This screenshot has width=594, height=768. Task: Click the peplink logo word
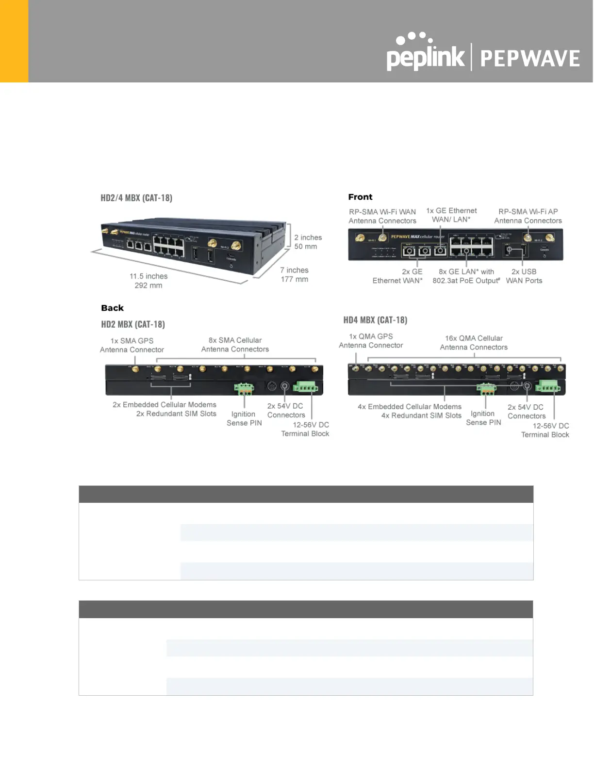[x=425, y=57]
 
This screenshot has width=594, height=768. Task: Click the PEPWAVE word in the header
[x=530, y=59]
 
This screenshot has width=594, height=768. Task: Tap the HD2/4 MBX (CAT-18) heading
[x=136, y=198]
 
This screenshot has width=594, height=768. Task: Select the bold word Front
[x=360, y=197]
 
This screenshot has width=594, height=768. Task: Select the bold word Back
[x=112, y=308]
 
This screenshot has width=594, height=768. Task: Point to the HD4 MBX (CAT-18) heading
[x=375, y=320]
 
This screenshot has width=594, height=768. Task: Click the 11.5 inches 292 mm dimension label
[x=148, y=281]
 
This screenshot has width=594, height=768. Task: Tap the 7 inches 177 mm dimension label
[x=294, y=274]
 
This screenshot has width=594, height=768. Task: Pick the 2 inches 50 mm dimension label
[x=308, y=242]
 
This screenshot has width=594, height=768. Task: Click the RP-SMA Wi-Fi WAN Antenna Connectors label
[x=382, y=216]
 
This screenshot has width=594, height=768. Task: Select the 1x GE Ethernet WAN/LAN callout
[x=451, y=215]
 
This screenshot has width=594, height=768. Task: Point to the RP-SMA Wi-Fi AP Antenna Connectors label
[x=528, y=216]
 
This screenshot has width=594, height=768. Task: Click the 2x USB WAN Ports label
[x=524, y=276]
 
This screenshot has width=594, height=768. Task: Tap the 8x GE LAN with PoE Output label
[x=466, y=276]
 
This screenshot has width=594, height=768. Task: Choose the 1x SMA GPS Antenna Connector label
[x=132, y=345]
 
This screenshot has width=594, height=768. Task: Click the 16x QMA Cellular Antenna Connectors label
[x=474, y=343]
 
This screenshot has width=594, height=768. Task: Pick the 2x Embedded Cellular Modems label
[x=165, y=405]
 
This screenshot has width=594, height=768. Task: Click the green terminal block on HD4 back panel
[x=548, y=386]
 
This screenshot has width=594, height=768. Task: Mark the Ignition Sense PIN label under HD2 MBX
[x=244, y=418]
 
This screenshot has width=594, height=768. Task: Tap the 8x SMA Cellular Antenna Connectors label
[x=235, y=345]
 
